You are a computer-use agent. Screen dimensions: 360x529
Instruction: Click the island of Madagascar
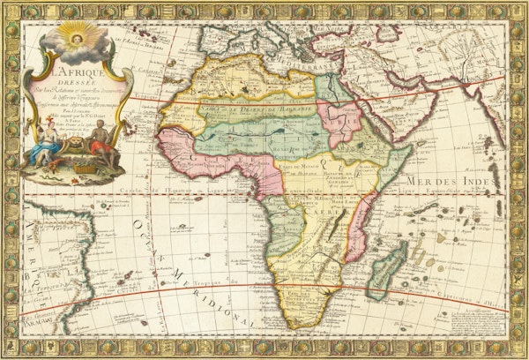[386, 266]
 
